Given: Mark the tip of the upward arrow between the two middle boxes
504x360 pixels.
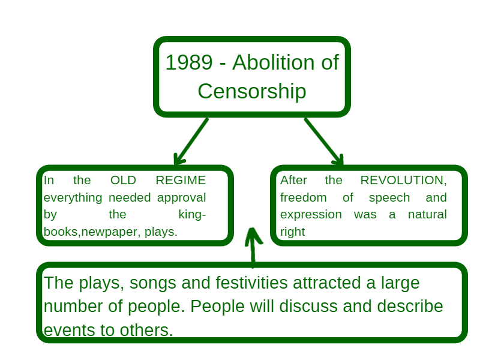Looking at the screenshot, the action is point(253,229).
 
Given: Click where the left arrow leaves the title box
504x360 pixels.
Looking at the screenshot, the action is point(208,119).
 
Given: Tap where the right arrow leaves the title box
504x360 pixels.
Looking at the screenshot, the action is point(305,119).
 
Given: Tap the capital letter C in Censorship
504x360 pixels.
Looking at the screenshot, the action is point(205,91).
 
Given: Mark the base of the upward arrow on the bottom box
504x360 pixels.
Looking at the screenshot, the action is point(253,266).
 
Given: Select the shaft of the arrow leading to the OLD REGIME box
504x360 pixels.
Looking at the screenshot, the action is point(191,142).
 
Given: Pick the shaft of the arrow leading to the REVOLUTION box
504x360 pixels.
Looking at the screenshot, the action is point(323,142).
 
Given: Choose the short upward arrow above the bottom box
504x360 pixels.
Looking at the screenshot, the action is point(253,247).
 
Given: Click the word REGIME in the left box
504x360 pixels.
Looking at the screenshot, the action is point(181,181).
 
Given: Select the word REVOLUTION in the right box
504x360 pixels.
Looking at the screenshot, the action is point(402,181).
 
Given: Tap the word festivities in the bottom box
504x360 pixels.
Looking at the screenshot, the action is point(251,283).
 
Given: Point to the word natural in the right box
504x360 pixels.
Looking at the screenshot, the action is point(427,214).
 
